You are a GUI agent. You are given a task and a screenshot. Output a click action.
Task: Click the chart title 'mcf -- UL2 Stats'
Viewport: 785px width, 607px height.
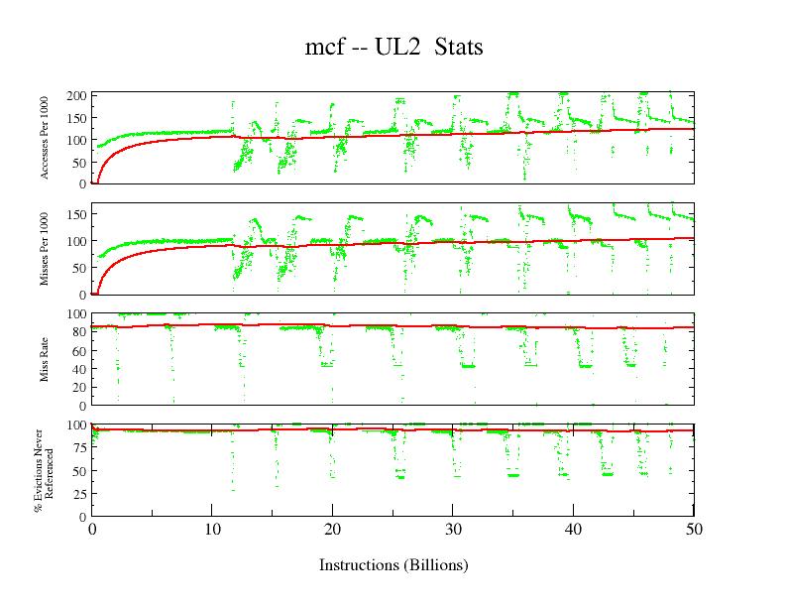393,47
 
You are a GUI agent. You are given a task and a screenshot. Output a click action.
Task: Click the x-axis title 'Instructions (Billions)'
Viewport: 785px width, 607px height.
393,565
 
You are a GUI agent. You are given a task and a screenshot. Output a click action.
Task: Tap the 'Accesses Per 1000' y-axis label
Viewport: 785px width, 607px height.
46,138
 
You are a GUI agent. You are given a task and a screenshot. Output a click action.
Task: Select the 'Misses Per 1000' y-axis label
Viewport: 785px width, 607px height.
46,249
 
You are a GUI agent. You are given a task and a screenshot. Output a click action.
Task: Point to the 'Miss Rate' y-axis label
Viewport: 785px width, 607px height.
46,359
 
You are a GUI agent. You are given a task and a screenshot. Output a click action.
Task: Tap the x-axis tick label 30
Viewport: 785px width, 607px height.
453,529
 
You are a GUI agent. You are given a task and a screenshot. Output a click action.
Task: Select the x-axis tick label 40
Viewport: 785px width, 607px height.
573,529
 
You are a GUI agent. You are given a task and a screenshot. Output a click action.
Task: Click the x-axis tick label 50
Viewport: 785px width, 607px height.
694,529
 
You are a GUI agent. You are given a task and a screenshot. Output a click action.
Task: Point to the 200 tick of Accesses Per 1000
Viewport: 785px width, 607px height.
75,96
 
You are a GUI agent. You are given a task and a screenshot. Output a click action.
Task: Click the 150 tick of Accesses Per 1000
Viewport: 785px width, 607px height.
75,118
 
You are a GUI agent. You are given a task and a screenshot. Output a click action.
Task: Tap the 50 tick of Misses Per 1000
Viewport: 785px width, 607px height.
78,268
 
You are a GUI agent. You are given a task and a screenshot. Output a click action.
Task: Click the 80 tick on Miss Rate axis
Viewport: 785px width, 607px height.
78,331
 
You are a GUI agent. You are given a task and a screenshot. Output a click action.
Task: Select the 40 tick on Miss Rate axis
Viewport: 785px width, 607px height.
78,369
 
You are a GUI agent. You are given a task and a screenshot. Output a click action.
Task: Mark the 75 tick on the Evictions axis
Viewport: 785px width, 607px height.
78,447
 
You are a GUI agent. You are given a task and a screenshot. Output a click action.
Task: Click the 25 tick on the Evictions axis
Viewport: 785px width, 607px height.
78,494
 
